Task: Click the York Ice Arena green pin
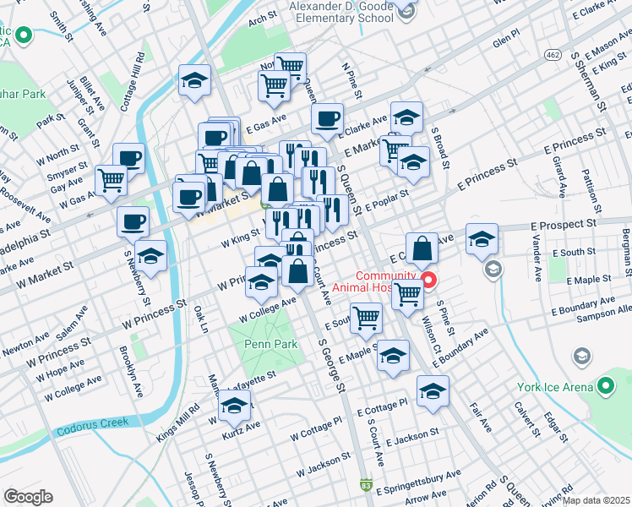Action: click(605, 387)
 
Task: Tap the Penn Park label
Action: click(268, 345)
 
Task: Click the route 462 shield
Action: click(553, 54)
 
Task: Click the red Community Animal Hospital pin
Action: click(428, 280)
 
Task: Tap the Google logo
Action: click(28, 497)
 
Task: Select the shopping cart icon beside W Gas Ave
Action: click(112, 180)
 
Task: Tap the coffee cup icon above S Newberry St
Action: click(133, 222)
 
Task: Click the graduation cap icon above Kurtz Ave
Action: click(235, 406)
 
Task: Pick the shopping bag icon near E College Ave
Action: click(422, 248)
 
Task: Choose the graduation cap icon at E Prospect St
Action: click(482, 238)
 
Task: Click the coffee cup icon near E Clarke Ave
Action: click(327, 119)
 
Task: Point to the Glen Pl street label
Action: click(504, 41)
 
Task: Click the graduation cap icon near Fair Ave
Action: click(433, 391)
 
